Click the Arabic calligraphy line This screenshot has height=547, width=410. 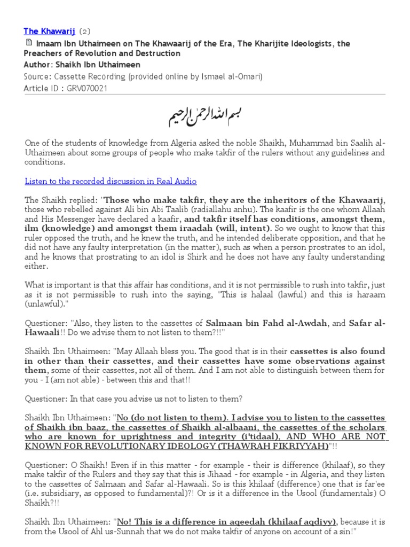[205, 115]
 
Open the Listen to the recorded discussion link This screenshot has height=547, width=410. [111, 181]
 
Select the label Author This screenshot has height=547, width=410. [36, 65]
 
